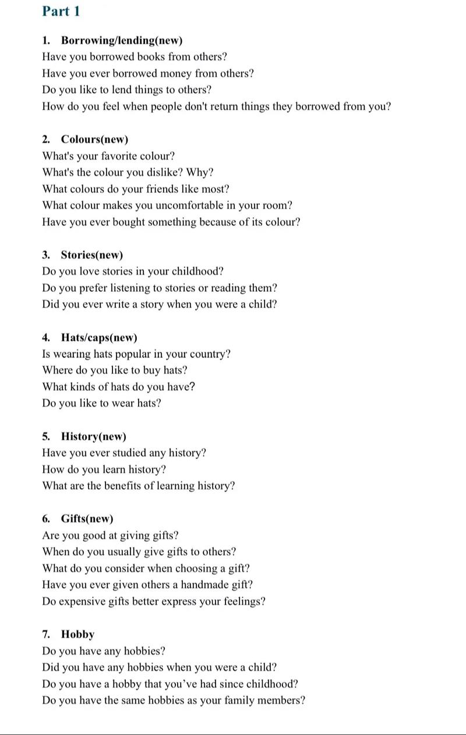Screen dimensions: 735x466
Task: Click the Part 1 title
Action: [61, 11]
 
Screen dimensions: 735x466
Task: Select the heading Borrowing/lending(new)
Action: [121, 41]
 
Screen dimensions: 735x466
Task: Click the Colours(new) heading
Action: [94, 140]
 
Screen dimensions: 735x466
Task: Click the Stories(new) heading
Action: [91, 255]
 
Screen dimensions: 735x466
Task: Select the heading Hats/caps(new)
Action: [99, 338]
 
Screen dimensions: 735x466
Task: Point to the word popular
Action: [139, 354]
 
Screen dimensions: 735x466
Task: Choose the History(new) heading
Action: [93, 437]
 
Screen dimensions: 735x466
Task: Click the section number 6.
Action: [45, 519]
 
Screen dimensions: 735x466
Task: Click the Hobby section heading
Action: [77, 635]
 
